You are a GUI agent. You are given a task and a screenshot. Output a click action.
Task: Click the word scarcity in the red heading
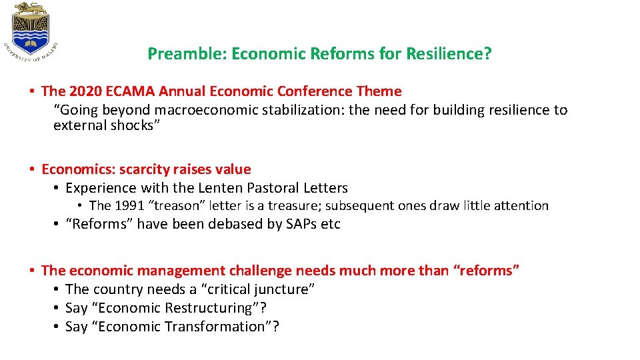click(144, 169)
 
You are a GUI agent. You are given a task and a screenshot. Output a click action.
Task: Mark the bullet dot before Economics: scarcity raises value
click(31, 169)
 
